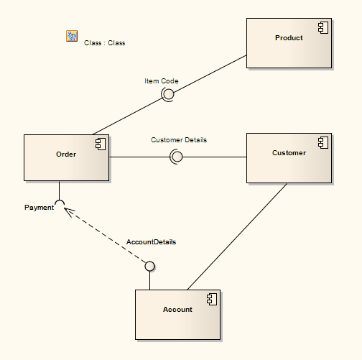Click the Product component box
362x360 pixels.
pyautogui.click(x=289, y=43)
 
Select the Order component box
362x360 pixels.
pyautogui.click(x=66, y=157)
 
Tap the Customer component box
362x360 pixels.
pyautogui.click(x=289, y=157)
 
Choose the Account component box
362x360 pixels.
pyautogui.click(x=177, y=315)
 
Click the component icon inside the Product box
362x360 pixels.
pyautogui.click(x=323, y=29)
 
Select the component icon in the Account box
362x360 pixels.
pyautogui.click(x=212, y=300)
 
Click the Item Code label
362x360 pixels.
pyautogui.click(x=161, y=81)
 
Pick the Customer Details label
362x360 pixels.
pyautogui.click(x=178, y=140)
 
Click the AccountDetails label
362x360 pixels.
pyautogui.click(x=151, y=242)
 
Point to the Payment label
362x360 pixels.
pyautogui.click(x=39, y=208)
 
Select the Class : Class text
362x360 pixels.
pyautogui.click(x=104, y=43)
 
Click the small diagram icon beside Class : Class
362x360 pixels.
pyautogui.click(x=72, y=36)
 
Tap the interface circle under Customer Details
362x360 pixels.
pyautogui.click(x=176, y=157)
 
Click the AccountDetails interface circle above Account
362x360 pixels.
pyautogui.click(x=149, y=267)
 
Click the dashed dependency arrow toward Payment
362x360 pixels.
pyautogui.click(x=104, y=236)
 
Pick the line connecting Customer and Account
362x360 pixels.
pyautogui.click(x=237, y=236)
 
